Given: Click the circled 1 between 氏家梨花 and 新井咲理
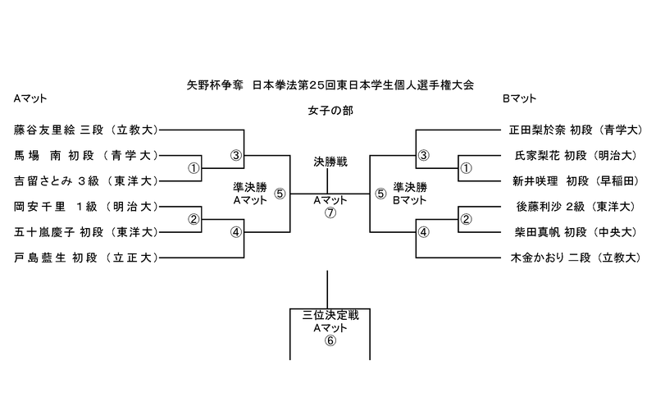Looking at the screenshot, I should tap(466, 168).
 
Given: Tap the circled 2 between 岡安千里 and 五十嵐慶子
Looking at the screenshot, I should tap(194, 219).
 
